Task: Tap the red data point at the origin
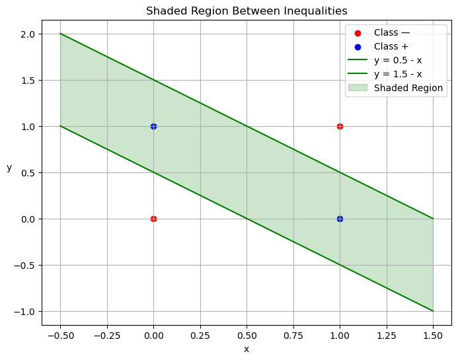coord(153,219)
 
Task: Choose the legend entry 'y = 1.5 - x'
coord(398,74)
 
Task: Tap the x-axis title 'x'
coord(247,349)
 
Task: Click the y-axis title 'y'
coord(9,168)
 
